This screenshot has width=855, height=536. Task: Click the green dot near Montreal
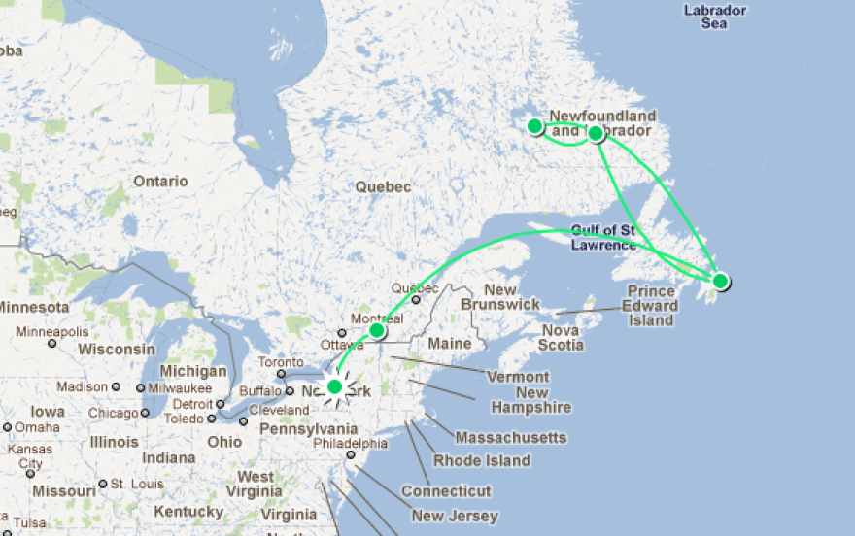[377, 331]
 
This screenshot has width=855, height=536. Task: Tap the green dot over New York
[335, 387]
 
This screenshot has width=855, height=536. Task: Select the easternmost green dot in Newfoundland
[720, 282]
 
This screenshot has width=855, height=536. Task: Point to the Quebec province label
[383, 186]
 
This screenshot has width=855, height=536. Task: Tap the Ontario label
[160, 181]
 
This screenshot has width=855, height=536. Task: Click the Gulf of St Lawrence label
[603, 237]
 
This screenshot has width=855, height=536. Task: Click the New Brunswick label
[499, 297]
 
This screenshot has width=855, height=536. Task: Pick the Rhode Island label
[482, 460]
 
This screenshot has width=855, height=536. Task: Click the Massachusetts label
[510, 437]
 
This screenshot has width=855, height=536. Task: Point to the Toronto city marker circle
[281, 374]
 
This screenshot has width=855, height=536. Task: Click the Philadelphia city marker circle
[351, 454]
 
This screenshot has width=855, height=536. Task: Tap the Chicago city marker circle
[146, 412]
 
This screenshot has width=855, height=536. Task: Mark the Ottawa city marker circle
[341, 333]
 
